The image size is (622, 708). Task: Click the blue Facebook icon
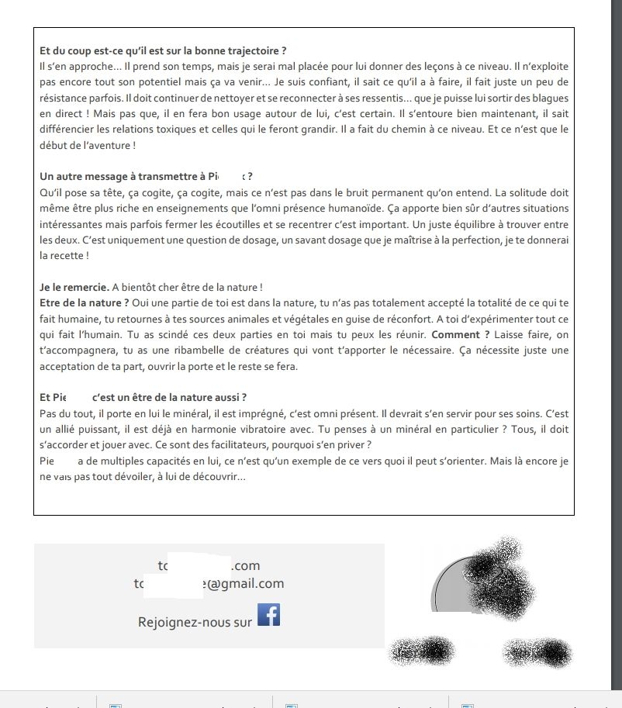(x=268, y=614)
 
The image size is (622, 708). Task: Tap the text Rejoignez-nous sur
(x=195, y=622)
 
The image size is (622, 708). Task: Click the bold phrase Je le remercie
(x=74, y=287)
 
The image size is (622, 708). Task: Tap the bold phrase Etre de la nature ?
(x=84, y=302)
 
